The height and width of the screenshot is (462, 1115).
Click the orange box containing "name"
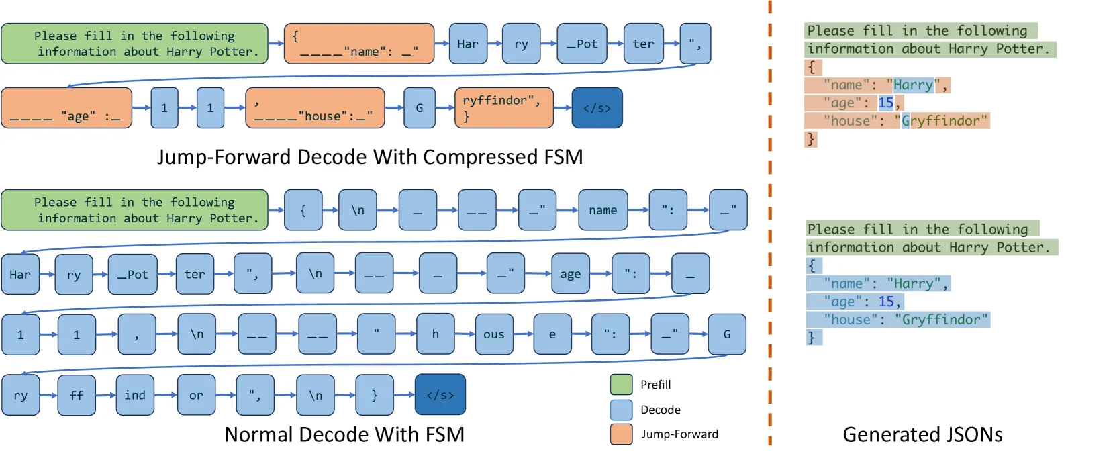coord(359,43)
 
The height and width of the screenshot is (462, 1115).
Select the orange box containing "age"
coord(66,108)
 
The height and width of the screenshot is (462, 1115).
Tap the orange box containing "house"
coord(315,108)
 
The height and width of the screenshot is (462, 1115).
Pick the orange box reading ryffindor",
coord(503,108)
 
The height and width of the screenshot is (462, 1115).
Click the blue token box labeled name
coord(603,210)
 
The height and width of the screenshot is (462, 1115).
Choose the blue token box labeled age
coord(571,274)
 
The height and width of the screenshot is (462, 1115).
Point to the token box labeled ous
coord(494,334)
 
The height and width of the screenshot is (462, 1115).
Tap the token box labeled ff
coord(77,396)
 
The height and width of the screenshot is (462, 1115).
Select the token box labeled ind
coord(135,396)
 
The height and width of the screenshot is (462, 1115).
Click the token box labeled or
coord(196,396)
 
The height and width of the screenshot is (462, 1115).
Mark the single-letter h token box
coord(436,334)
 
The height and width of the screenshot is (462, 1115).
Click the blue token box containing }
coord(375,396)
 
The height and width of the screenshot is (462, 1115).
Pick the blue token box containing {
coord(303,210)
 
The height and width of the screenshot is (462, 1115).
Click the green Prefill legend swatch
coord(621,384)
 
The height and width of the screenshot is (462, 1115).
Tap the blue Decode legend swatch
coord(621,409)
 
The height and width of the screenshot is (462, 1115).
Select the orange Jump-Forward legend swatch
coord(621,434)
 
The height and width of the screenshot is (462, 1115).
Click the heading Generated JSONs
coord(922,434)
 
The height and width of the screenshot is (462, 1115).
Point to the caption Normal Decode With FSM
coord(344,434)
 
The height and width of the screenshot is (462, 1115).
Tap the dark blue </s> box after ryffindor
coord(597,108)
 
